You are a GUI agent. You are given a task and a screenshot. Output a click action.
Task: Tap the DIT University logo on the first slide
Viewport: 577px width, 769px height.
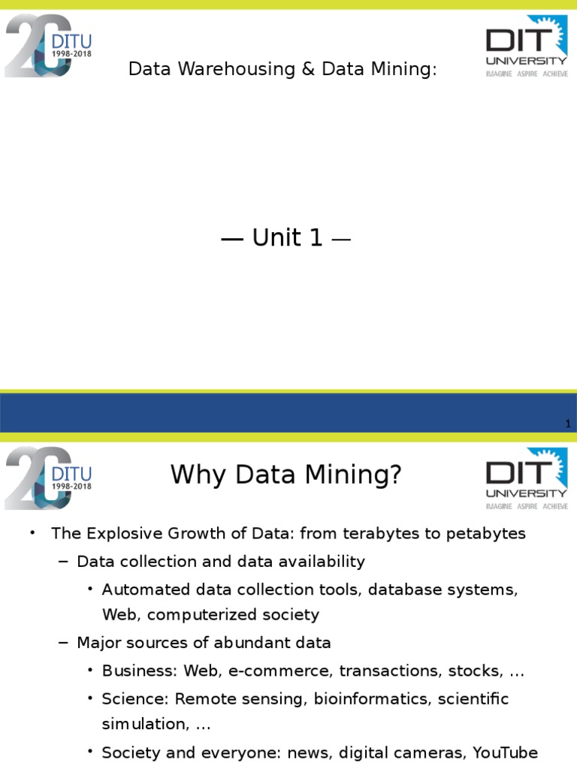(526, 47)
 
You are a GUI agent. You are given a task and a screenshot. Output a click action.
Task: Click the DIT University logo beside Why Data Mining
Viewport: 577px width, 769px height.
(526, 478)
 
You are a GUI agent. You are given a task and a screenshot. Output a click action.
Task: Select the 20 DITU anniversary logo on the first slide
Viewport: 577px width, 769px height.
(48, 45)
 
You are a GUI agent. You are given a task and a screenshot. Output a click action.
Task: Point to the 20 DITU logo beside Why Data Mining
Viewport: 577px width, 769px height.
(48, 478)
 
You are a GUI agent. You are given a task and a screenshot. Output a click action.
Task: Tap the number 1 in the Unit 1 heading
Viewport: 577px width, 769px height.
(315, 238)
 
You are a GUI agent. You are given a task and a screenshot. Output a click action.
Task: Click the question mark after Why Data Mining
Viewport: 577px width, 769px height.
(395, 475)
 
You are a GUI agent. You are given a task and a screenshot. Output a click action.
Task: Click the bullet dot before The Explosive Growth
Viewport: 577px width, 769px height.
(32, 534)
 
